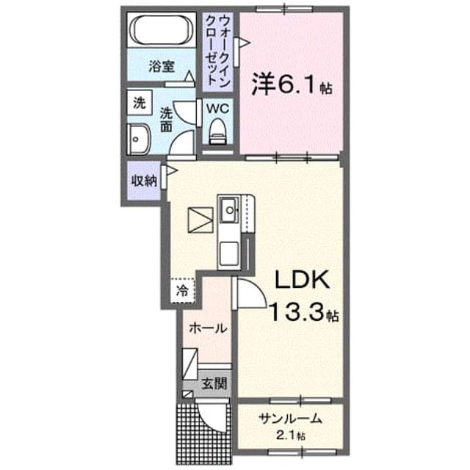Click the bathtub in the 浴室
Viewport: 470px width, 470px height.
pos(162,29)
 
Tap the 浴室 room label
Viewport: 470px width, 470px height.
pos(162,66)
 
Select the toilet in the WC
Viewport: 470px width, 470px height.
pos(218,131)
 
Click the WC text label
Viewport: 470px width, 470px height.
pos(217,108)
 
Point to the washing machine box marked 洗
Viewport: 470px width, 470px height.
pos(140,103)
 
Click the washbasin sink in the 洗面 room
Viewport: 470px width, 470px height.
pos(138,139)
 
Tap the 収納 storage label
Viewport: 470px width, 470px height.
pos(144,181)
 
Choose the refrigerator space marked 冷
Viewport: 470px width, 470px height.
pos(183,291)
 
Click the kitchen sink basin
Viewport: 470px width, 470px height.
pos(230,209)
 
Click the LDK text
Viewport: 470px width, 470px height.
pos(302,279)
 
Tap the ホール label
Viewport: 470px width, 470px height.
pos(208,328)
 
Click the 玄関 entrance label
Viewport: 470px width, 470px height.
pos(214,383)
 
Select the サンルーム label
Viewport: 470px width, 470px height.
pos(290,419)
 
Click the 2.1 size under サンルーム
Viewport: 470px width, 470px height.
pos(286,435)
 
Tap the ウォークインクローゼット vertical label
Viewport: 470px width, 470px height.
pos(218,52)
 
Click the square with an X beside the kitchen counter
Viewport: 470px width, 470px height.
pos(200,220)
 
